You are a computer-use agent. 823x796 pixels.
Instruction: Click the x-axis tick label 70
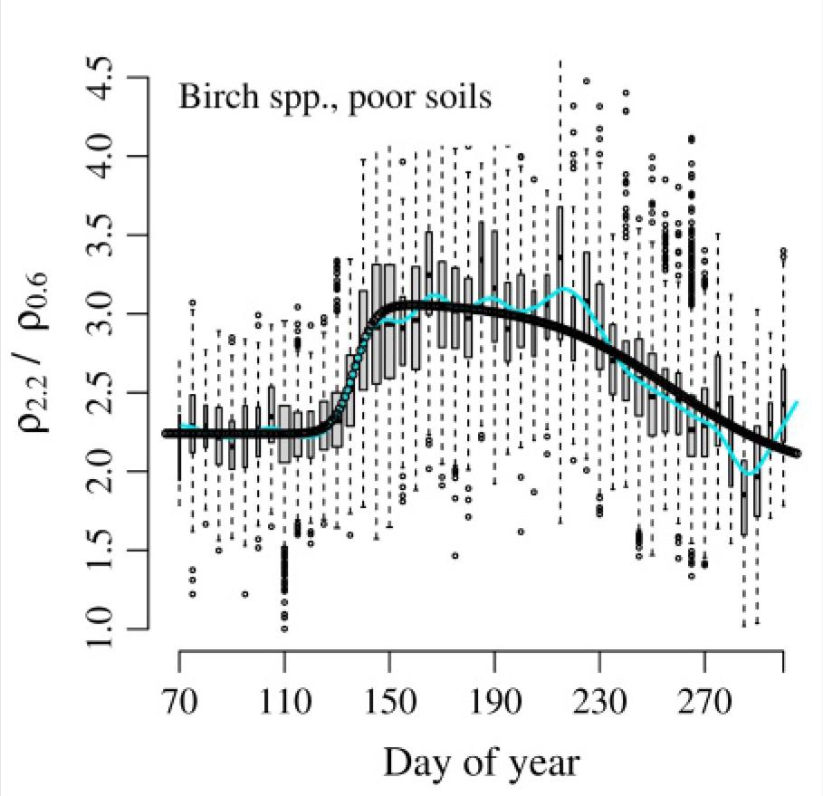pyautogui.click(x=179, y=701)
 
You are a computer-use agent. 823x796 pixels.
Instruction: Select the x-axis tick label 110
pyautogui.click(x=284, y=701)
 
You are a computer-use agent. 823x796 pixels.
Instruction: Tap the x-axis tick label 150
pyautogui.click(x=389, y=701)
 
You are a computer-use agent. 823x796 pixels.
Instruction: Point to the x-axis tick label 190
pyautogui.click(x=495, y=701)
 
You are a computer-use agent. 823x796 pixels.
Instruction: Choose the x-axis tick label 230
pyautogui.click(x=600, y=701)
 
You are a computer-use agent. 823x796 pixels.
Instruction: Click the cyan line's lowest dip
pyautogui.click(x=749, y=474)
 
